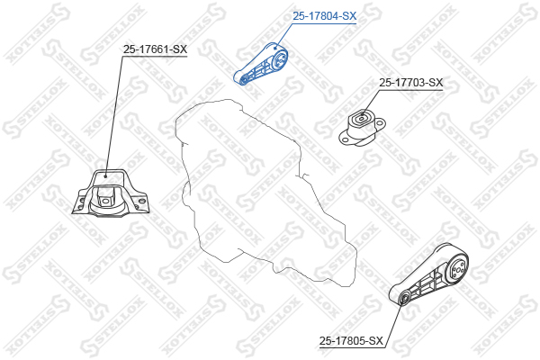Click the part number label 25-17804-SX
pyautogui.click(x=324, y=16)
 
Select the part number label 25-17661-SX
pyautogui.click(x=155, y=49)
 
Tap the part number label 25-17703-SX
pyautogui.click(x=411, y=83)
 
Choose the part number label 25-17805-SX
pyautogui.click(x=351, y=341)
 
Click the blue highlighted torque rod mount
pyautogui.click(x=261, y=65)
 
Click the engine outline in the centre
pyautogui.click(x=262, y=193)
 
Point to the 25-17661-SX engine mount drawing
pyautogui.click(x=111, y=193)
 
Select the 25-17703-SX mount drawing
pyautogui.click(x=362, y=128)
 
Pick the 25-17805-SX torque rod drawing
pyautogui.click(x=428, y=274)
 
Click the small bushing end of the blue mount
pyautogui.click(x=243, y=80)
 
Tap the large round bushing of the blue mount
pyautogui.click(x=279, y=60)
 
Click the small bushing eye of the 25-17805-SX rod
pyautogui.click(x=404, y=297)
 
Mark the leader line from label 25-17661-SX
pyautogui.click(x=114, y=116)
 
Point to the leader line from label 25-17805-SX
pyautogui.click(x=393, y=322)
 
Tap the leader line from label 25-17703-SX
pyautogui.click(x=370, y=102)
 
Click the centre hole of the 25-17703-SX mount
pyautogui.click(x=361, y=119)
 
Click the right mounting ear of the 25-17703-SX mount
pyautogui.click(x=380, y=123)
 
